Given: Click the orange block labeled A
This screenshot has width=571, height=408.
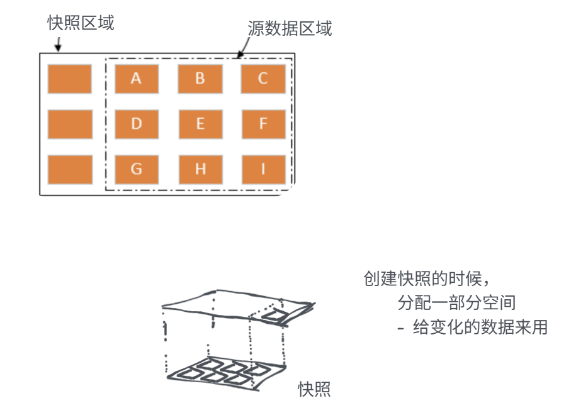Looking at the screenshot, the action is pos(137,79).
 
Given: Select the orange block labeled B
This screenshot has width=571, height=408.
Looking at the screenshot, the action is pos(200,79).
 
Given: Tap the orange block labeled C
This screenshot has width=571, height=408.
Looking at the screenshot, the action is pos(263,79).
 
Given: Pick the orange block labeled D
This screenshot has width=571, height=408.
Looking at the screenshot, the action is pos(137,124).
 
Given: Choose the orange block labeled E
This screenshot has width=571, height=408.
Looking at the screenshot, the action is pos(200,124).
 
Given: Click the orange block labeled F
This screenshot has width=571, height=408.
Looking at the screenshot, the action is pos(263,124).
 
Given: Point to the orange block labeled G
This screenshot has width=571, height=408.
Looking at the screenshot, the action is pos(137,169).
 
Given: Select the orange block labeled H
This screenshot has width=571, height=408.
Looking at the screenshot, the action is pos(200,169).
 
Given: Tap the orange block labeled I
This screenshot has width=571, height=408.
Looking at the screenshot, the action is pos(263,169).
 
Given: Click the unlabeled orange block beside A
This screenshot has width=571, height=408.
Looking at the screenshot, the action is pos(70,79).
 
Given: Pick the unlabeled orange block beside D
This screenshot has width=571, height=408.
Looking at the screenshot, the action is pos(70,124).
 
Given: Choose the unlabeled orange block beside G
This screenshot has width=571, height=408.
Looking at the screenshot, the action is pos(70,169).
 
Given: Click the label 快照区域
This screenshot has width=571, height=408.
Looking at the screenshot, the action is pos(81,23).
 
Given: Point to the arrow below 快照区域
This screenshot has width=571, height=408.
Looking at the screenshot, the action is pos(58,45).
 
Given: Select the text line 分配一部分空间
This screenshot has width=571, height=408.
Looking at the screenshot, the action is pos(456,303).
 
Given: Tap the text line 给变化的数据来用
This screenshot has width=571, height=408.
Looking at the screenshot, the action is pos(472,327).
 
